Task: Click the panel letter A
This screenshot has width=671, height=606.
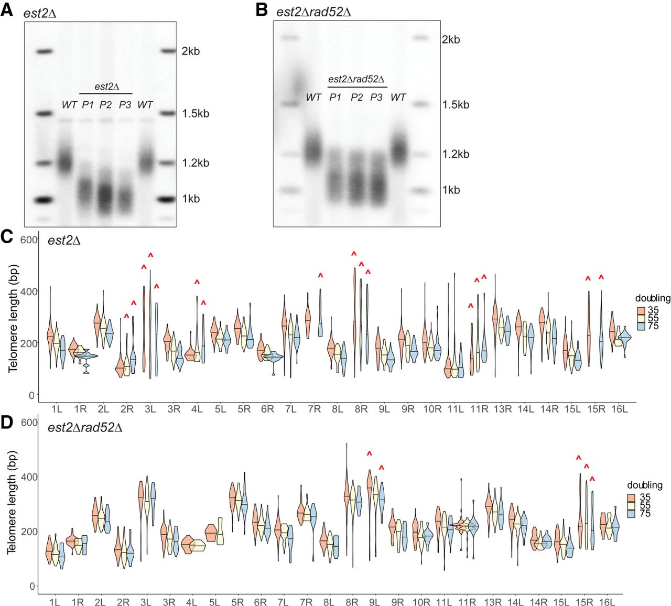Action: (7, 10)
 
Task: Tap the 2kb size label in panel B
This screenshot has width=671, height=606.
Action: (450, 39)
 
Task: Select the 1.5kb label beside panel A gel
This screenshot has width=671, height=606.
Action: (196, 114)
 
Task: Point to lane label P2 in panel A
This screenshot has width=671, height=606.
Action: (105, 104)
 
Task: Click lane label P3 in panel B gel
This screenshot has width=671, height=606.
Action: (376, 98)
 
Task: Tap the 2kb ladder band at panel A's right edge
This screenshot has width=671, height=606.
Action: (168, 51)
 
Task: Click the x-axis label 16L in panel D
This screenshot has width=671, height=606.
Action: (607, 602)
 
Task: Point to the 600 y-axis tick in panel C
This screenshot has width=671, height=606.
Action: (29, 240)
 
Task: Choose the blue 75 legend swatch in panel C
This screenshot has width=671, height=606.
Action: (641, 326)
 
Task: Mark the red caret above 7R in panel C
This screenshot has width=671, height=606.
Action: (320, 276)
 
